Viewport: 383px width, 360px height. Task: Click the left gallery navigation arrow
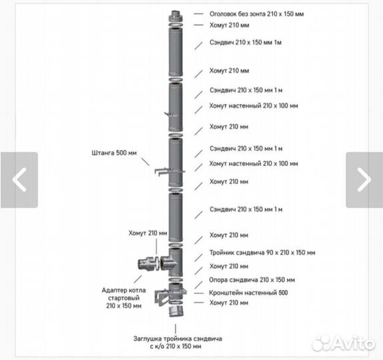tap(19, 180)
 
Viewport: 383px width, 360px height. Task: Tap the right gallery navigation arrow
tap(364, 180)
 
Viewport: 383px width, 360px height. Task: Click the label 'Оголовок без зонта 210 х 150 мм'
tap(256, 14)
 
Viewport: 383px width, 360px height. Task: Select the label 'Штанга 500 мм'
tap(114, 153)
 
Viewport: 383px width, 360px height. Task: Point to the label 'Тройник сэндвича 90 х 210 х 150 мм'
tap(262, 253)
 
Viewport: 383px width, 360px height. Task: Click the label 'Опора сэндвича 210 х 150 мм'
tap(252, 280)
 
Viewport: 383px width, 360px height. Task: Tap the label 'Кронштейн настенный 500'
tap(248, 293)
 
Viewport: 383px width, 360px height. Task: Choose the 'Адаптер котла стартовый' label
tap(124, 294)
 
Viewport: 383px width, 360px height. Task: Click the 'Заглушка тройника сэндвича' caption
tap(177, 339)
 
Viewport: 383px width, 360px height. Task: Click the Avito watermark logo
tap(344, 343)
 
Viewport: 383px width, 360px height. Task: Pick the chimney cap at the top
tap(175, 17)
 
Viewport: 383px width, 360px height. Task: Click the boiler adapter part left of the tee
tap(146, 263)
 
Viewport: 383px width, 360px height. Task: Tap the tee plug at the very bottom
tap(175, 311)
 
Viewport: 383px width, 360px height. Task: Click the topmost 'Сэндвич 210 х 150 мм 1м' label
tap(246, 43)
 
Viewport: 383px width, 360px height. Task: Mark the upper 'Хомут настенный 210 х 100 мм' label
tap(254, 106)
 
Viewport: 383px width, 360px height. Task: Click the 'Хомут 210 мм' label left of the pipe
tap(147, 233)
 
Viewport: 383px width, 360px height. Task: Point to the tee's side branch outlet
tap(167, 263)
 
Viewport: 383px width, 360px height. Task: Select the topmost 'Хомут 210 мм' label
tap(229, 25)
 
